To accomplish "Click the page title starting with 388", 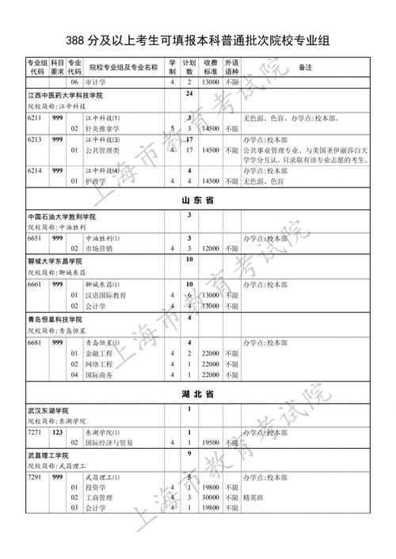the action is pos(198,41).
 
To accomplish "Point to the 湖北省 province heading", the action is pos(198,394).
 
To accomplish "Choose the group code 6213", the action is pos(34,139).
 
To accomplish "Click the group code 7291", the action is pos(34,477).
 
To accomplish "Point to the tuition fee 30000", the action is pos(210,498).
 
